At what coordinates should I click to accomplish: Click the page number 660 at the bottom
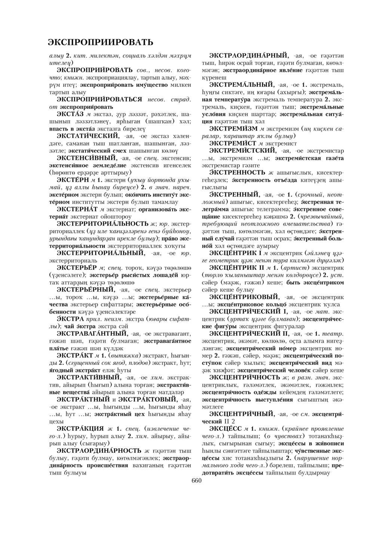tap(196, 481)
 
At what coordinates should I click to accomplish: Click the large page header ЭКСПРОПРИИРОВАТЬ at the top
tap(101, 42)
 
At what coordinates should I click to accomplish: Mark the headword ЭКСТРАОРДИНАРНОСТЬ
tap(99, 450)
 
